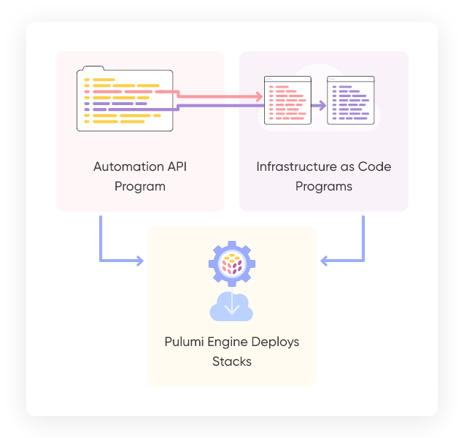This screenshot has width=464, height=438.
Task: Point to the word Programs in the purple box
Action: pyautogui.click(x=324, y=186)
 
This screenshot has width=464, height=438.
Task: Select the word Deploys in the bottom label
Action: pyautogui.click(x=277, y=342)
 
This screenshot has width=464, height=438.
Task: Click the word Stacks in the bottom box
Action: pyautogui.click(x=232, y=361)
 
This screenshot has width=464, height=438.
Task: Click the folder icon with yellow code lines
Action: pyautogui.click(x=125, y=100)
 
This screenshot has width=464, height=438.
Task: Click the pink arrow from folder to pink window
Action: pyautogui.click(x=219, y=96)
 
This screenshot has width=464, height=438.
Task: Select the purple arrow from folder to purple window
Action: pyautogui.click(x=248, y=106)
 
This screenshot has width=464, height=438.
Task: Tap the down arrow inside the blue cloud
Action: pyautogui.click(x=232, y=303)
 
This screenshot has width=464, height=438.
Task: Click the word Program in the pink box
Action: pyautogui.click(x=140, y=186)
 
